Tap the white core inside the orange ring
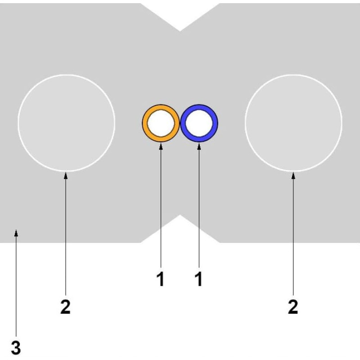coord(161,123)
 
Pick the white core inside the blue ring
coord(199,123)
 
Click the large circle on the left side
coord(66,122)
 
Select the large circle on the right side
coord(293,122)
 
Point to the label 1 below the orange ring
coord(161,279)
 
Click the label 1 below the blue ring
coord(198,279)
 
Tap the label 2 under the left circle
coord(66,307)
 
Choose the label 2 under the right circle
coord(293,307)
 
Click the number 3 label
coord(16,348)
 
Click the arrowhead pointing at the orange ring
coord(161,145)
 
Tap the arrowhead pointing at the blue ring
coord(199,145)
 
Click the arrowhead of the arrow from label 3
coord(16,232)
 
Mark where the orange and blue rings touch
coord(180,123)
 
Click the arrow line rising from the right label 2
coord(293,234)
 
